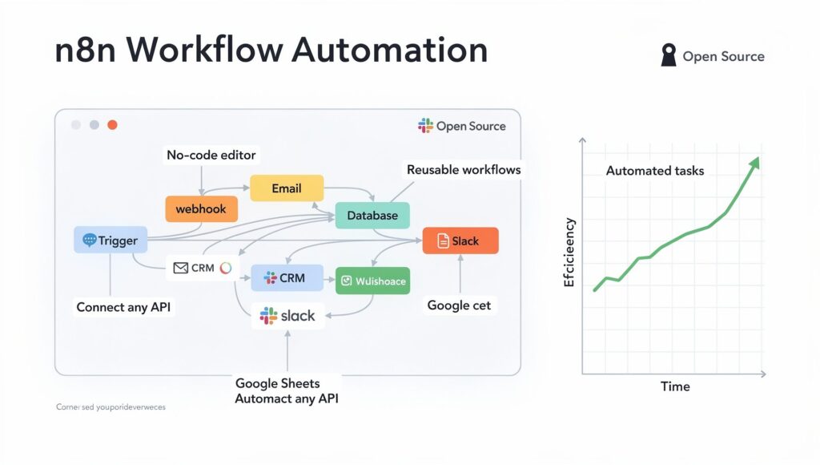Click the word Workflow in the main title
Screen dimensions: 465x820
pos(204,50)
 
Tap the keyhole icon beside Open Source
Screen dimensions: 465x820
pos(668,55)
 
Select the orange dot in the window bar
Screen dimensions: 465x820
pos(112,125)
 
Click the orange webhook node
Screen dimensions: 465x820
pos(201,208)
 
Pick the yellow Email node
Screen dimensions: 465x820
pos(287,188)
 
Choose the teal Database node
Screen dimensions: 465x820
pos(372,216)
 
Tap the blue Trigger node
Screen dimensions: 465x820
pos(111,240)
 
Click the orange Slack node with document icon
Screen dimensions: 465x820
pos(460,241)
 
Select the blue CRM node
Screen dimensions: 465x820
pos(287,278)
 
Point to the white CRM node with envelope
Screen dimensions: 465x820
pos(202,268)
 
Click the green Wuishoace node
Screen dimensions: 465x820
pos(372,281)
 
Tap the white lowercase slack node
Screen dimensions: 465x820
pos(287,316)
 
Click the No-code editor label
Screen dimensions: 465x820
pos(211,155)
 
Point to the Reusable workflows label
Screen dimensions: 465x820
pos(464,169)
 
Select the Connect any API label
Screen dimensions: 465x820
pos(123,307)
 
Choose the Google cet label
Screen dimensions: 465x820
pos(459,305)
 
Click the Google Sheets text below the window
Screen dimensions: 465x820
pos(276,383)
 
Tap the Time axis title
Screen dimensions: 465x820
pos(675,386)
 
